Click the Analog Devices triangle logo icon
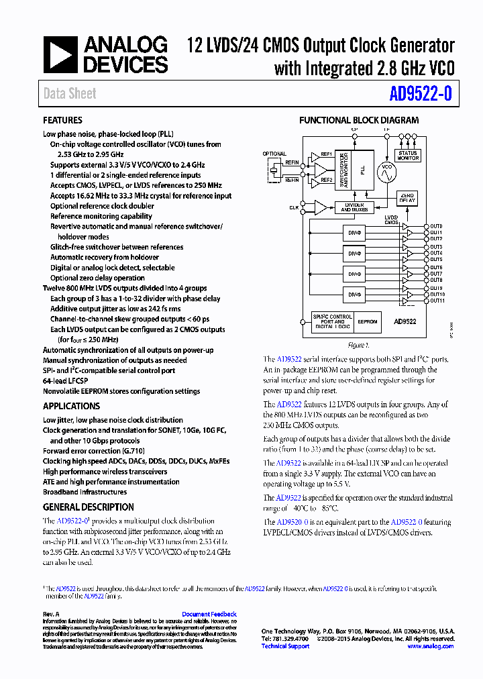pyautogui.click(x=61, y=56)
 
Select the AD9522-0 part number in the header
pyautogui.click(x=420, y=95)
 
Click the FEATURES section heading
pyautogui.click(x=62, y=121)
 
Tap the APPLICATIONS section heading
pyautogui.click(x=71, y=406)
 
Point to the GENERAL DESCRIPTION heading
pyautogui.click(x=89, y=507)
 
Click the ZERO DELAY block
pyautogui.click(x=407, y=198)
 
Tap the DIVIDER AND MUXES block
pyautogui.click(x=354, y=207)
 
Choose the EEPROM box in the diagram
pyautogui.click(x=368, y=322)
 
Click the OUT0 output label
pyautogui.click(x=436, y=226)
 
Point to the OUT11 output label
pyautogui.click(x=437, y=301)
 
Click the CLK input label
pyautogui.click(x=294, y=208)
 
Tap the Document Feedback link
pyautogui.click(x=209, y=614)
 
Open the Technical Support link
pyautogui.click(x=285, y=646)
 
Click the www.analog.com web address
pyautogui.click(x=431, y=646)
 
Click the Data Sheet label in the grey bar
pyautogui.click(x=70, y=94)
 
